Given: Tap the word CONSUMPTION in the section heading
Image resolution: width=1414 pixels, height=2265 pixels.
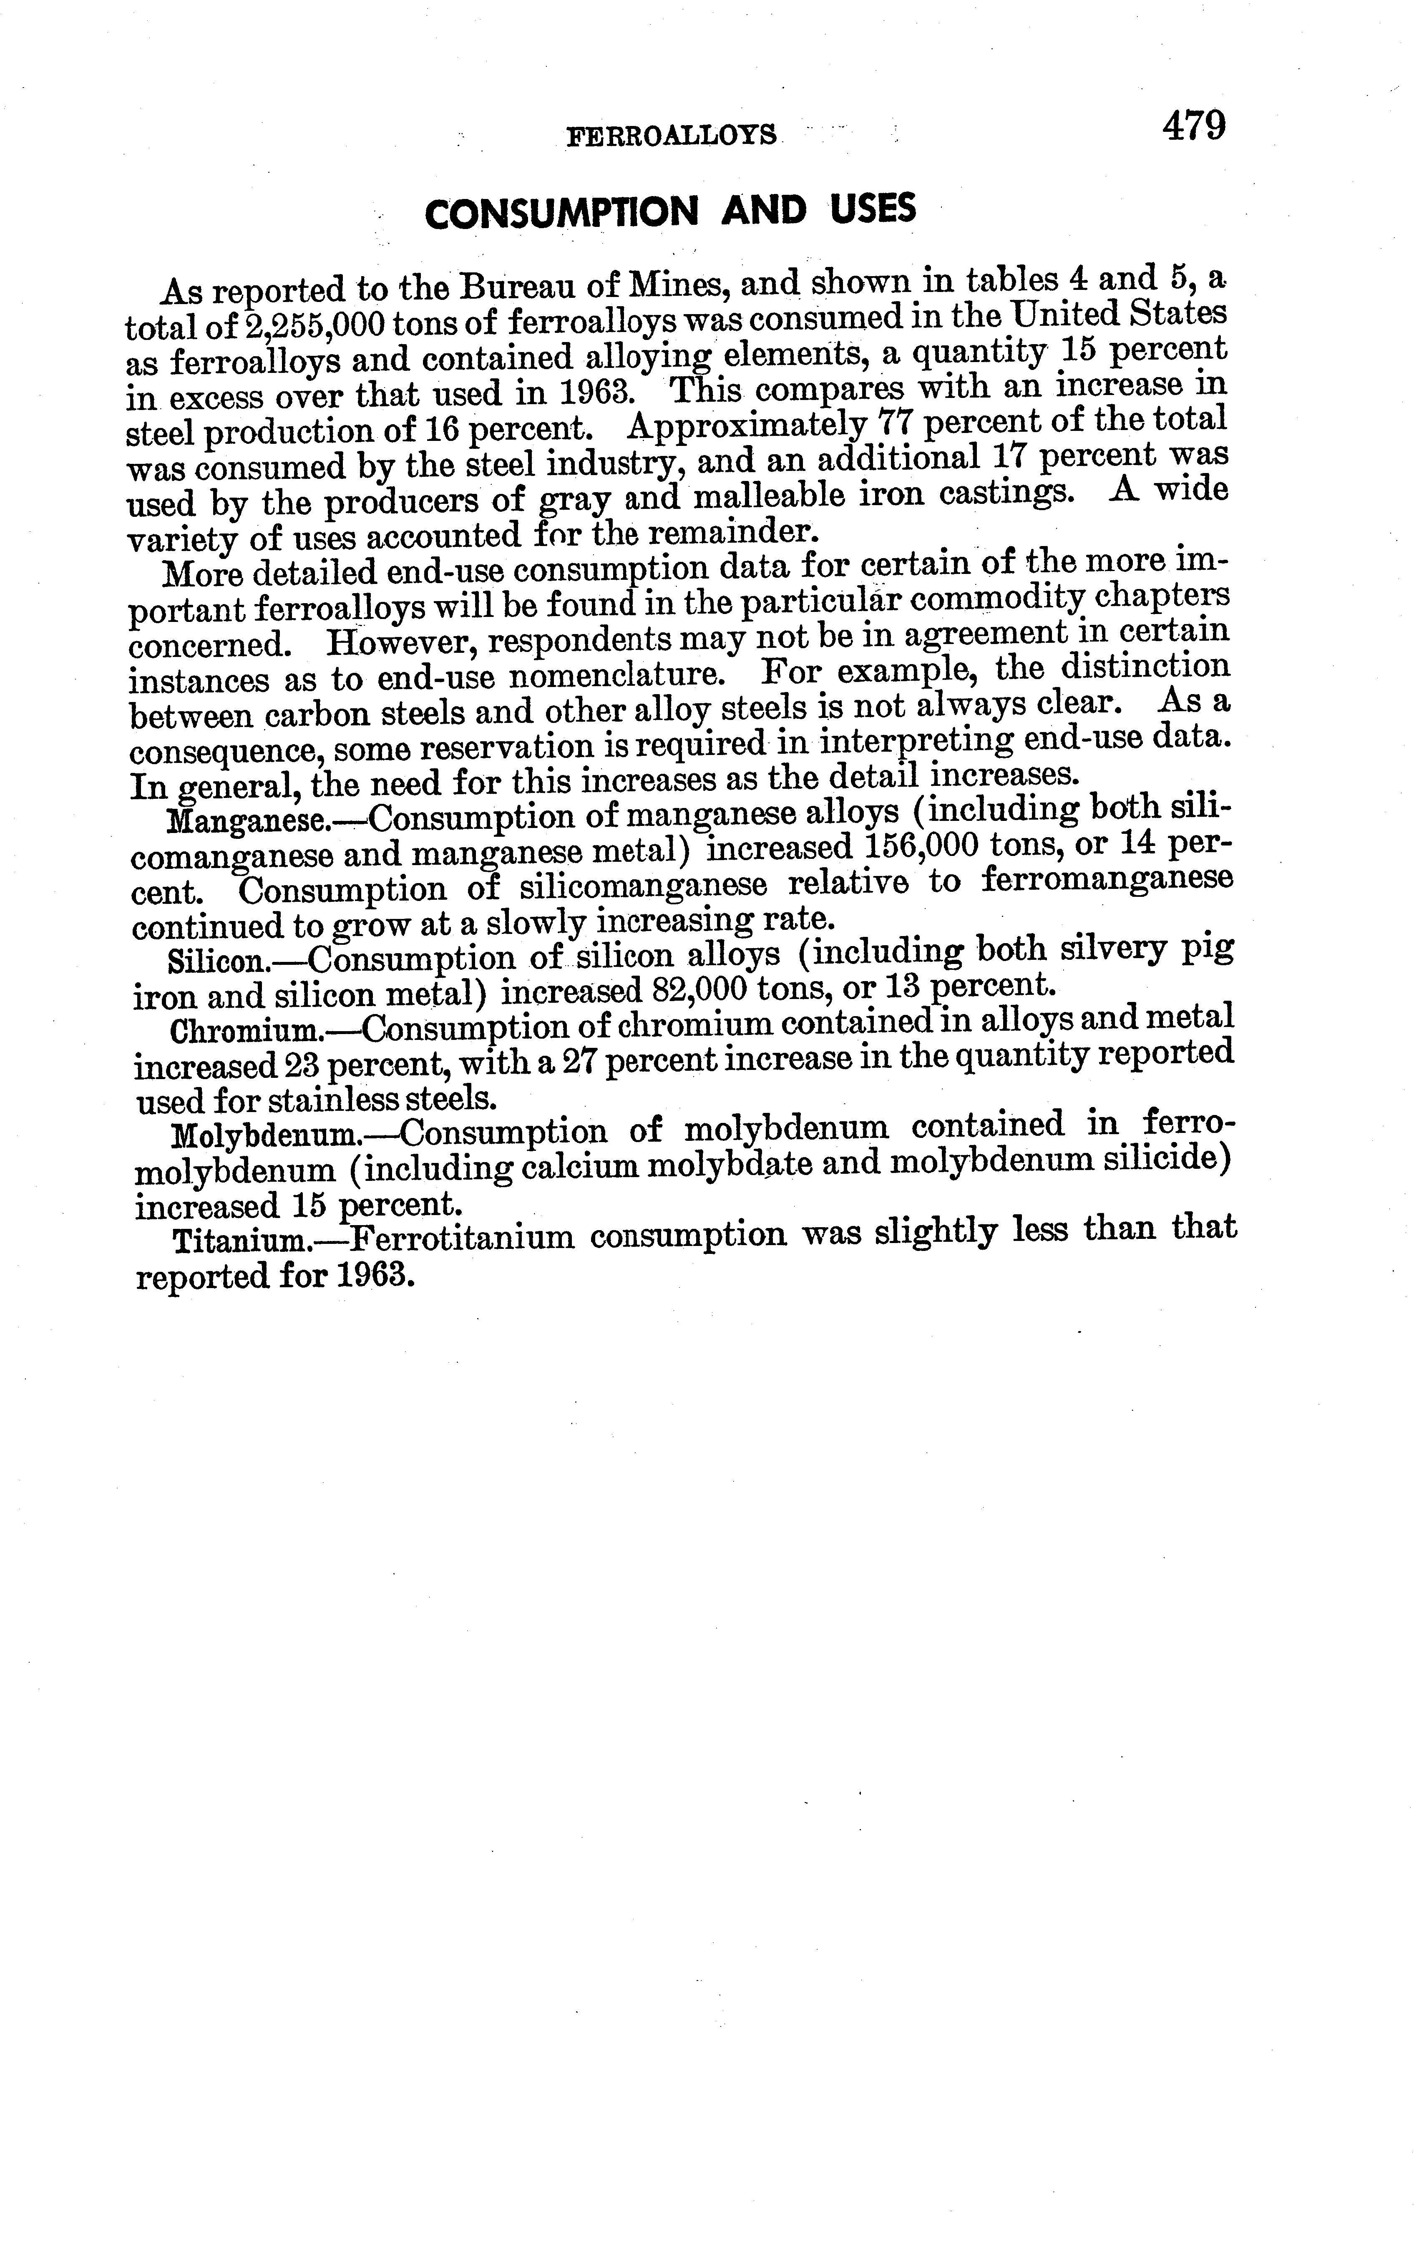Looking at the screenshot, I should point(561,213).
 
